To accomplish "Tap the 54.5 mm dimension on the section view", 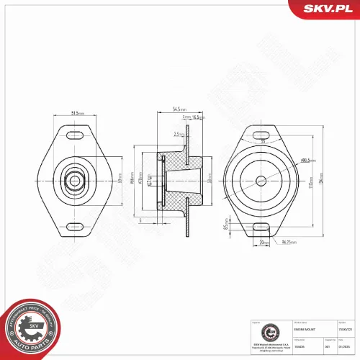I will (x=178, y=109).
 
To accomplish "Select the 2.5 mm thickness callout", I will (x=178, y=134).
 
